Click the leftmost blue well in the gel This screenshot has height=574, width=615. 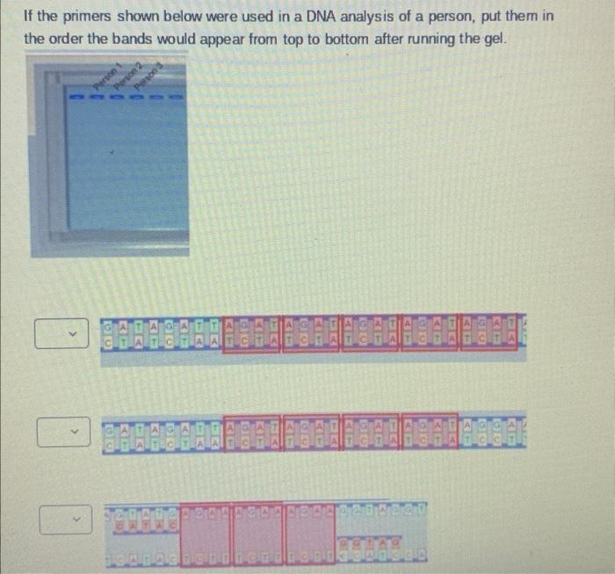click(76, 97)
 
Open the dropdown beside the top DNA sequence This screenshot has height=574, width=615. click(62, 334)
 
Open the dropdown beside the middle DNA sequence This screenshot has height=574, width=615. click(62, 432)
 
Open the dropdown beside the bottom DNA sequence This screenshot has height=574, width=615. click(62, 522)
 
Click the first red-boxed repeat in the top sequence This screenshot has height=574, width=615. click(251, 335)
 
